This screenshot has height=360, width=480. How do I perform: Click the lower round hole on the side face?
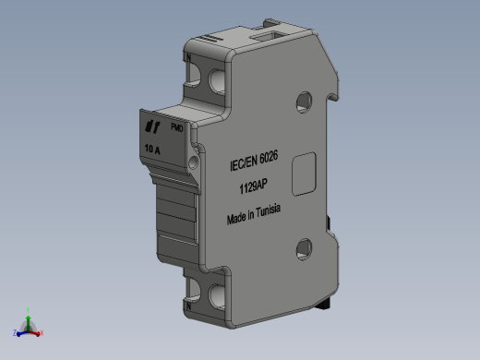pyautogui.click(x=302, y=246)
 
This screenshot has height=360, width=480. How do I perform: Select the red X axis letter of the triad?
pyautogui.click(x=42, y=332)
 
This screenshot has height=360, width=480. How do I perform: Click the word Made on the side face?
pyautogui.click(x=237, y=220)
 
